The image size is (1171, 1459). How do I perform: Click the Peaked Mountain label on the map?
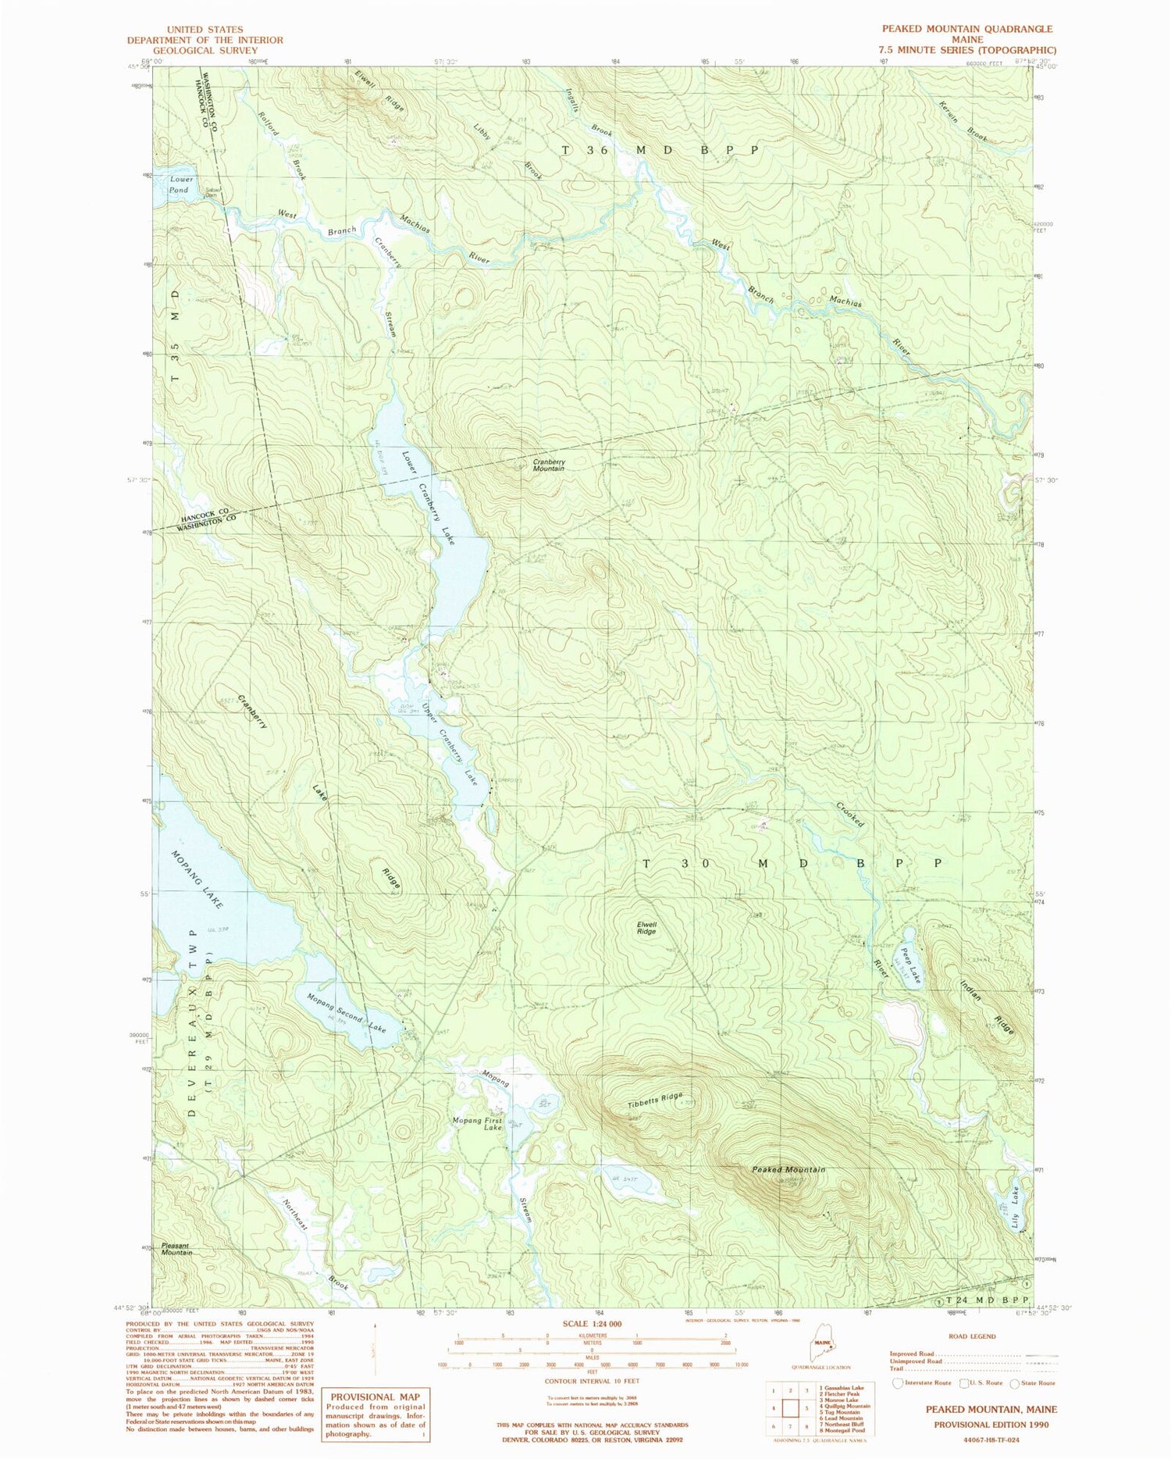click(x=788, y=1169)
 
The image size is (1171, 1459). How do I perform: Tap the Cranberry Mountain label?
click(x=549, y=465)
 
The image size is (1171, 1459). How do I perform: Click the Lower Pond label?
click(x=179, y=184)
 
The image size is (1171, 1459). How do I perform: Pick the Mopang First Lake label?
click(x=478, y=1124)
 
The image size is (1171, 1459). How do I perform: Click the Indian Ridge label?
click(x=988, y=1008)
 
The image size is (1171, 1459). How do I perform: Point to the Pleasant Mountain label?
click(x=176, y=1249)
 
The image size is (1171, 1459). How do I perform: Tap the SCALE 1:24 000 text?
click(x=593, y=1324)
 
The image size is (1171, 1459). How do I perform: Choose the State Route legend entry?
click(x=1032, y=1382)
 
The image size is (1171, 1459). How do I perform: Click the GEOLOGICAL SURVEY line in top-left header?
click(x=205, y=50)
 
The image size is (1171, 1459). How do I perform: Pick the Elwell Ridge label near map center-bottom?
click(x=646, y=928)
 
